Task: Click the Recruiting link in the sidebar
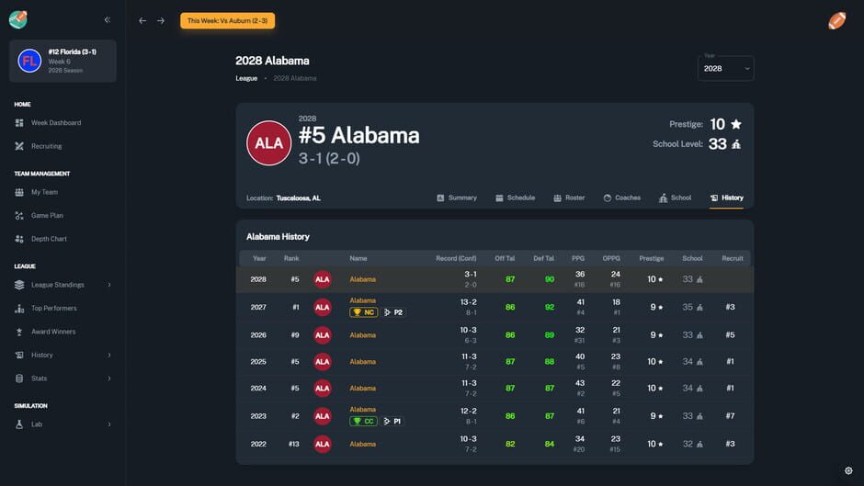click(46, 146)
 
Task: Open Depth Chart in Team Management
click(48, 239)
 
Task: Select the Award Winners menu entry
click(53, 332)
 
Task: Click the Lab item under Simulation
click(37, 424)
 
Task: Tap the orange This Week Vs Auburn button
click(227, 20)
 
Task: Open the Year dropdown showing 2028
click(725, 68)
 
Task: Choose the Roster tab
click(570, 198)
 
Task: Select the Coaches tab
click(622, 198)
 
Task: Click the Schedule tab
click(515, 198)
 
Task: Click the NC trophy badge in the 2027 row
click(364, 312)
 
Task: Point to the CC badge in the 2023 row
click(364, 421)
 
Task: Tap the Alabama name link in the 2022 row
click(362, 444)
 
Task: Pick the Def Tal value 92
click(550, 307)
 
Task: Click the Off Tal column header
click(505, 258)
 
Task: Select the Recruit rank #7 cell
click(730, 416)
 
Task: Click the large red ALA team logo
click(268, 143)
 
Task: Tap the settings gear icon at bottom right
click(848, 470)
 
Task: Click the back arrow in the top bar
click(142, 20)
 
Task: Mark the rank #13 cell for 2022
click(293, 444)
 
